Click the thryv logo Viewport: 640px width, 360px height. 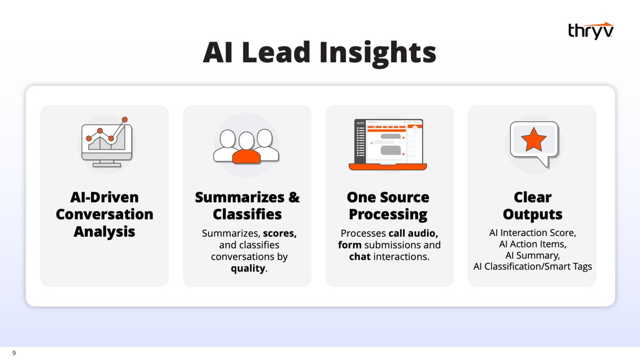(591, 30)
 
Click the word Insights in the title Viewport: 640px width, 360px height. (377, 53)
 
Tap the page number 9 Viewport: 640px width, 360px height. (14, 353)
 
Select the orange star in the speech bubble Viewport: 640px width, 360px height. (534, 140)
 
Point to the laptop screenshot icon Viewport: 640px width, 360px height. (388, 144)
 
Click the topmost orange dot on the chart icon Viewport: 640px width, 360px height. (125, 120)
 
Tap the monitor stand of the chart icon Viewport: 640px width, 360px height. (106, 164)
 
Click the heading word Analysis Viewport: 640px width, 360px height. (104, 232)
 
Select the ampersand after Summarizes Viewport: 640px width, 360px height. (294, 197)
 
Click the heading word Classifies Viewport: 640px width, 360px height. (247, 214)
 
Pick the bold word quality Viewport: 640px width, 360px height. (248, 269)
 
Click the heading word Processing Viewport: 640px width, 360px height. (388, 215)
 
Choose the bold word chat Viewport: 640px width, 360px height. (360, 256)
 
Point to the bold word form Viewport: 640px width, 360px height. (350, 245)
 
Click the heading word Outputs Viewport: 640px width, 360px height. (533, 215)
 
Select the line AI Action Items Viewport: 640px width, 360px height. (533, 244)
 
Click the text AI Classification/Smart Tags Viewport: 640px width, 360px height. (533, 267)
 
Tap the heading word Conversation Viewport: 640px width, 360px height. (105, 214)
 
